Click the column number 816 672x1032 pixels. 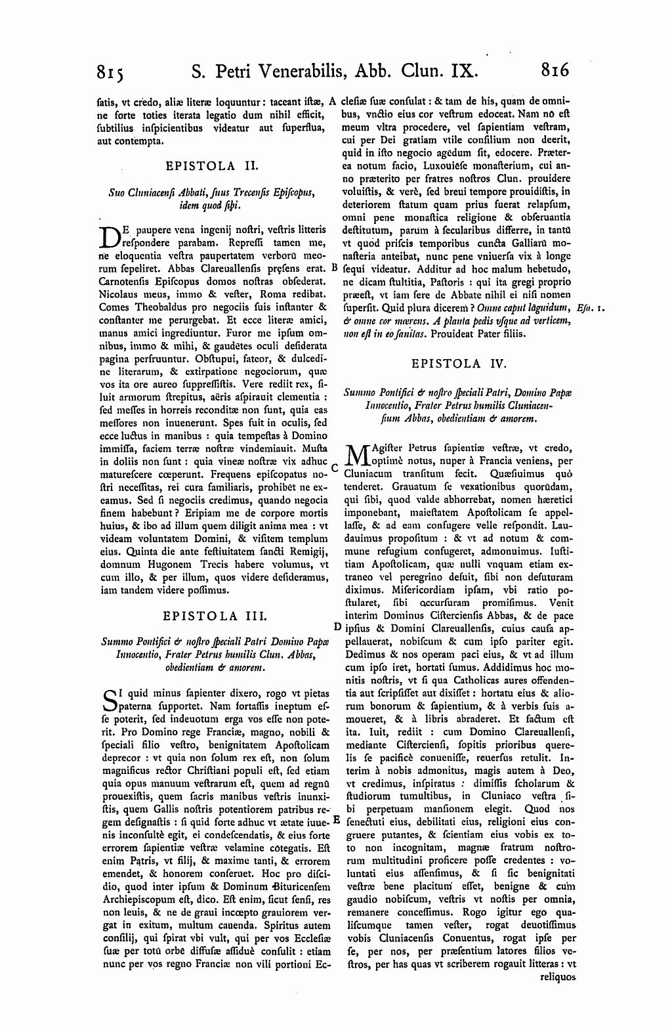pyautogui.click(x=555, y=69)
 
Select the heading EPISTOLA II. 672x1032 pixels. pyautogui.click(x=213, y=166)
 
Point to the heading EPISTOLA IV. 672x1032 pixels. pyautogui.click(x=459, y=362)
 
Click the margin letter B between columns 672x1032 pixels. pyautogui.click(x=334, y=268)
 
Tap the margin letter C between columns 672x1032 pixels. pyautogui.click(x=334, y=469)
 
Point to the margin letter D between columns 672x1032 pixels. pyautogui.click(x=337, y=628)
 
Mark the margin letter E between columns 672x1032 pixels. pyautogui.click(x=337, y=820)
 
